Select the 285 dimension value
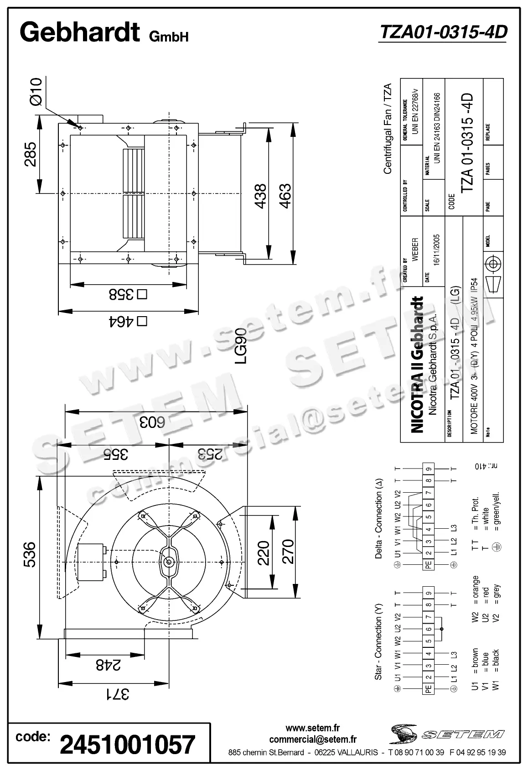pos(30,154)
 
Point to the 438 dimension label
pos(260,196)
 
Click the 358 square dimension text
pos(128,295)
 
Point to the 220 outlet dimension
pos(264,552)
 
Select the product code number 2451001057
pos(128,744)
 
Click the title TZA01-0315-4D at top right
pos(443,32)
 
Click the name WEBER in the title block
pos(415,249)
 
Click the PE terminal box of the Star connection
pos(428,690)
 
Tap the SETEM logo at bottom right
pos(446,734)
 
